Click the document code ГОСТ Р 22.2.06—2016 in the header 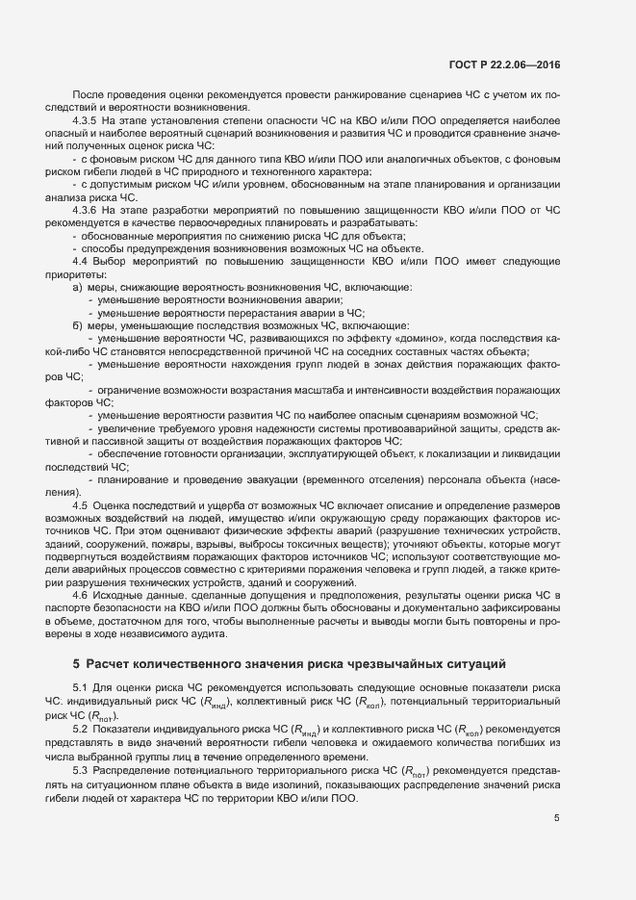pos(504,65)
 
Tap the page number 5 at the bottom pos(556,818)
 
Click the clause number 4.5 pos(81,504)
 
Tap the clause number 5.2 pos(81,730)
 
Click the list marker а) pos(77,287)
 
